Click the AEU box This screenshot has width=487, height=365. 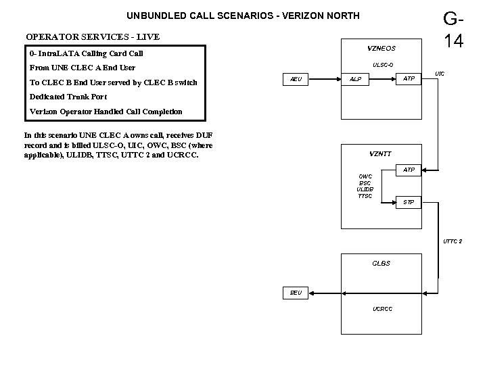coord(296,80)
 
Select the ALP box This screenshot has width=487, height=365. coord(355,80)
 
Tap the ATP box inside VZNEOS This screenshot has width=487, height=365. coord(409,80)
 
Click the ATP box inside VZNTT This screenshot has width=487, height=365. coord(409,169)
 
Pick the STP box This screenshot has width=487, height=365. coord(409,202)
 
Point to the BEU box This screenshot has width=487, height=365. coord(296,293)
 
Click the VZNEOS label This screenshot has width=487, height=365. coord(381,49)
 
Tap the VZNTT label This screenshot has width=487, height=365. coord(379,154)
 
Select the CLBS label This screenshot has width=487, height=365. coord(381,263)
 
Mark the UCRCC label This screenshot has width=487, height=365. coord(382,309)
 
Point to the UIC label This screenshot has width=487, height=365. coord(440,72)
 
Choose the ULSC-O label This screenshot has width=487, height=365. coord(383,65)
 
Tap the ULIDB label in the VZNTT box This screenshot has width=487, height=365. coord(365,189)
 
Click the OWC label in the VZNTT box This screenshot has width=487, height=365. coord(365,177)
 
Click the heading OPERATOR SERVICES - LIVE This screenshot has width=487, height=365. coord(92,36)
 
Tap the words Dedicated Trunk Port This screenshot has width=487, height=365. coord(68,97)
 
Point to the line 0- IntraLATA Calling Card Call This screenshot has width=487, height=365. coord(87,53)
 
